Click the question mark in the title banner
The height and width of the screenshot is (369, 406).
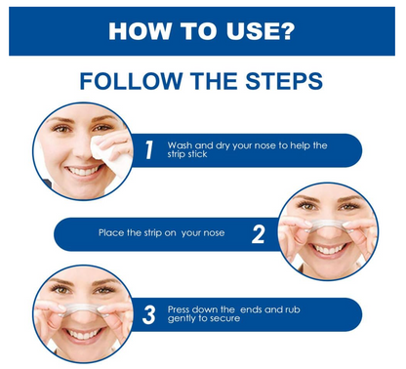point(286,31)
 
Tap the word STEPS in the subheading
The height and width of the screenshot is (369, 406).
point(284,81)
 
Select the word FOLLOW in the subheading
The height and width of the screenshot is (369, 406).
point(131,81)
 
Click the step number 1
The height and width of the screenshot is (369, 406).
point(149,150)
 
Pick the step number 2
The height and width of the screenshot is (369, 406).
point(258,234)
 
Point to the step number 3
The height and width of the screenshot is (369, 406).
point(149,314)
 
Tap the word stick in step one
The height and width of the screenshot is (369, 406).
point(197,154)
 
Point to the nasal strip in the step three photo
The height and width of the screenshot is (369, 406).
point(82,307)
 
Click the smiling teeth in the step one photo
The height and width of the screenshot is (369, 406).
point(83,171)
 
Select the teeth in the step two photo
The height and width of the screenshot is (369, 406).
point(328,250)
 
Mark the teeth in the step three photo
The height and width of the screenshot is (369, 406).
point(83,334)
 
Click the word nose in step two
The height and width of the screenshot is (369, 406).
point(213,233)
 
